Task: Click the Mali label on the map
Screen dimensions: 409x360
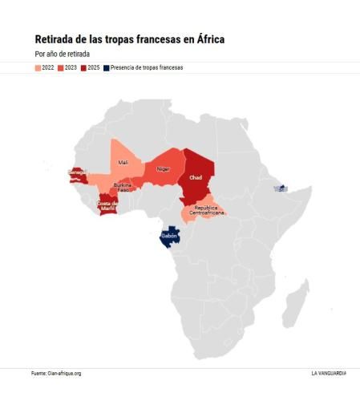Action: click(x=123, y=162)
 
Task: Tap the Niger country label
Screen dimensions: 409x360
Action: click(x=163, y=169)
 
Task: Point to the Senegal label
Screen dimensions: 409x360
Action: click(x=79, y=172)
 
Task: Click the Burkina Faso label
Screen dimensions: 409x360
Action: click(x=123, y=187)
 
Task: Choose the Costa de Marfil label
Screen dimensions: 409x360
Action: click(x=107, y=205)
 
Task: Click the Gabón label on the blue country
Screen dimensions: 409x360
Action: click(x=168, y=236)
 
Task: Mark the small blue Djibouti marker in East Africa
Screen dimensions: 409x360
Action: click(x=279, y=188)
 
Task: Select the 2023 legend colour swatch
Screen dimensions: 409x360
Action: click(x=60, y=68)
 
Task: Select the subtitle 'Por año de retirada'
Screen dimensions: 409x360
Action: click(x=63, y=54)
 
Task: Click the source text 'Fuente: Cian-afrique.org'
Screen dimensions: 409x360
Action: click(x=56, y=373)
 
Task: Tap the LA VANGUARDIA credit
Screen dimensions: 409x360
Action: click(x=329, y=373)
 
